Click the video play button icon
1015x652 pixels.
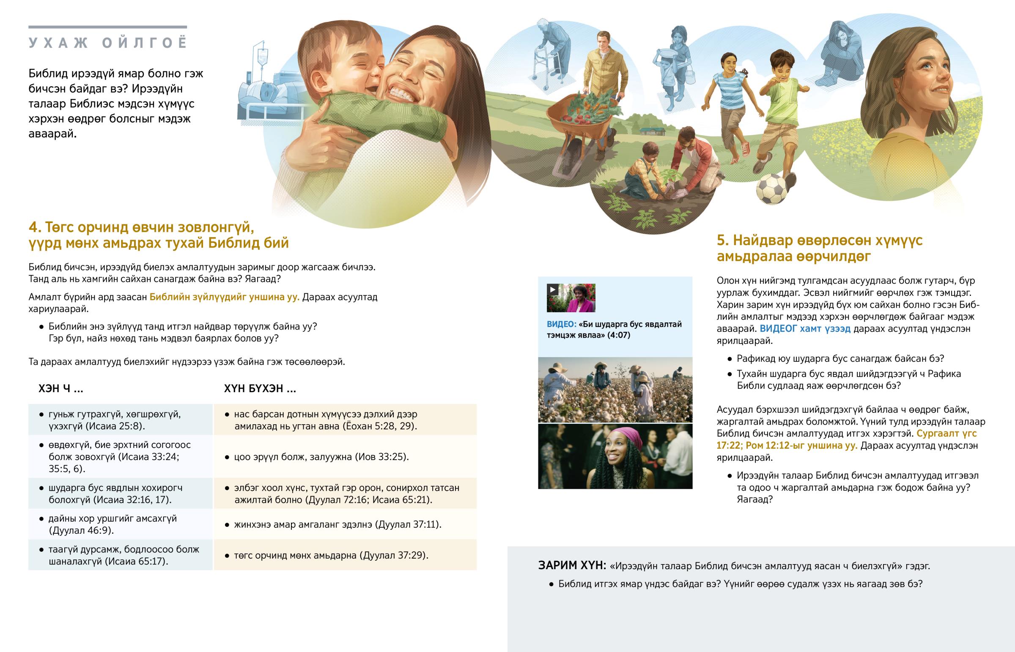[x=552, y=289]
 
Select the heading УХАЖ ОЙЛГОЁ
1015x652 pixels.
[x=107, y=43]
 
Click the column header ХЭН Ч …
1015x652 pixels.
[x=60, y=389]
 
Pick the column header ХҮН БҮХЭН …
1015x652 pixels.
[x=260, y=389]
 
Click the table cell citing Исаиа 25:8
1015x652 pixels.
[x=120, y=420]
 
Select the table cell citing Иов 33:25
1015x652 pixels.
[x=345, y=457]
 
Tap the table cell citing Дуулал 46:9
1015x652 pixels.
[x=120, y=524]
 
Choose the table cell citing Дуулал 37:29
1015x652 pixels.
[x=345, y=555]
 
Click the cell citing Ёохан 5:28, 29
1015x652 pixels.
[x=345, y=420]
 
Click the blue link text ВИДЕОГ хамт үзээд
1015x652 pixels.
[x=805, y=329]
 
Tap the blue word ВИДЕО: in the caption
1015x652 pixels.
[x=561, y=324]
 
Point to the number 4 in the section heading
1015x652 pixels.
[x=33, y=227]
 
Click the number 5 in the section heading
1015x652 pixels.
[x=722, y=240]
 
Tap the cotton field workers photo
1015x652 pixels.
[x=615, y=390]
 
